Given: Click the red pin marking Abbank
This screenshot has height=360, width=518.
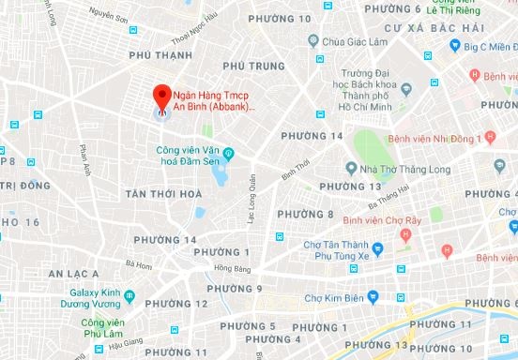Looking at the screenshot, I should (x=161, y=97).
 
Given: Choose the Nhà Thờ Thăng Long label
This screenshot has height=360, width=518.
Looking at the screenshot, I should (x=395, y=169).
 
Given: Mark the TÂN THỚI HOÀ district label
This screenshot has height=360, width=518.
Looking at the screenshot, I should (x=163, y=194).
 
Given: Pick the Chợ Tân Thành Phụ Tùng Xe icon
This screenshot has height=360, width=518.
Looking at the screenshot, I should (x=376, y=249).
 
